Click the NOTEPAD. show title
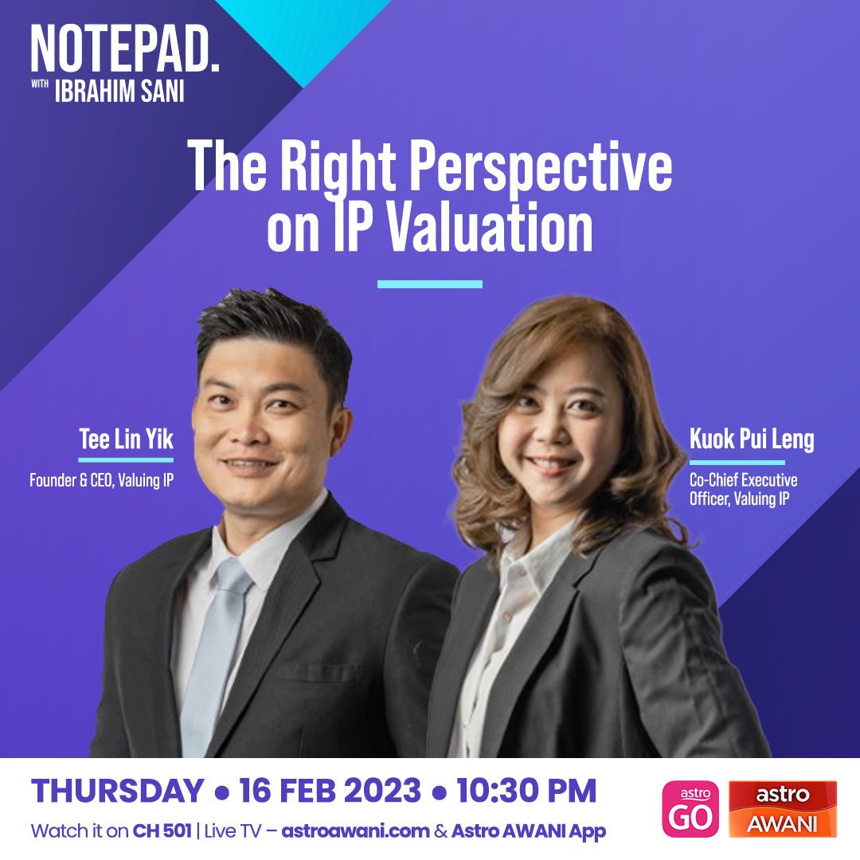pos(125,49)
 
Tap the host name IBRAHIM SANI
pos(119,91)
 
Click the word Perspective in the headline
pos(541,166)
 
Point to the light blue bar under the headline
pos(429,284)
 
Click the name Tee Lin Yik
pos(126,439)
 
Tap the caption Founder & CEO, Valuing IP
pos(101,480)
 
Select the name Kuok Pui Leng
pos(752,440)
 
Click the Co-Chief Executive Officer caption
pos(743,489)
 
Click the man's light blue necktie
pos(211,653)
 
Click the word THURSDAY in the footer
pos(117,791)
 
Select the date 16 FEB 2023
pos(330,791)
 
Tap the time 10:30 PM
pos(526,791)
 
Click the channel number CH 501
pos(162,831)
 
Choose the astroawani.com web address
pos(355,831)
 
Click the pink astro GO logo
pos(690,809)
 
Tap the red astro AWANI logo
pos(783,809)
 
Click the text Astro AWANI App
pos(528,831)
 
